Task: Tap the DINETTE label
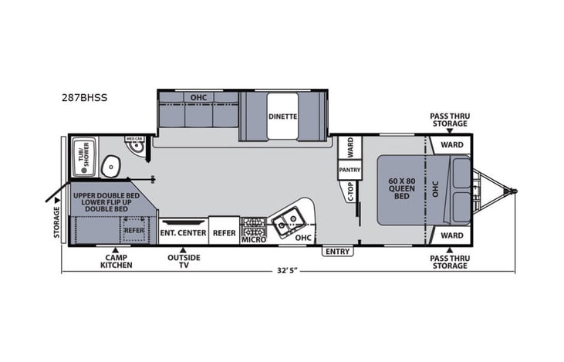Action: tap(282, 117)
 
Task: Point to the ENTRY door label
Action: tap(337, 252)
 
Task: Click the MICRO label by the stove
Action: tap(254, 240)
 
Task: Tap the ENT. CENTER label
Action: tap(183, 232)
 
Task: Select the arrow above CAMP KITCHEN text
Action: tap(116, 250)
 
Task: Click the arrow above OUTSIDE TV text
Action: tap(183, 250)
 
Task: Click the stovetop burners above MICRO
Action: tap(254, 226)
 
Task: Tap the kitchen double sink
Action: tap(287, 223)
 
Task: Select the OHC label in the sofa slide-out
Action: tap(198, 96)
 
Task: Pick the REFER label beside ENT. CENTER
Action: tap(225, 232)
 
